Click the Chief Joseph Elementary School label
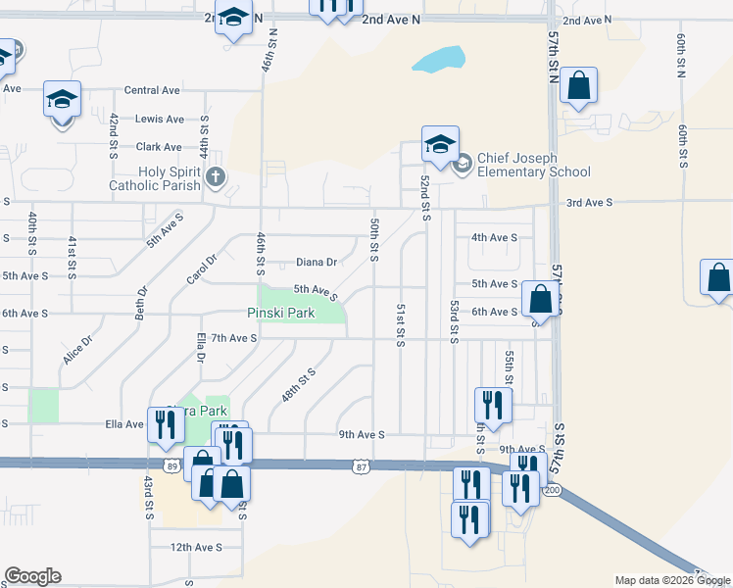pyautogui.click(x=533, y=165)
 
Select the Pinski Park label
pyautogui.click(x=280, y=313)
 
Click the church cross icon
pyautogui.click(x=216, y=177)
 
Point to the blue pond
pyautogui.click(x=437, y=61)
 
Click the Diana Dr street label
pyautogui.click(x=317, y=262)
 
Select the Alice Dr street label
pyautogui.click(x=77, y=350)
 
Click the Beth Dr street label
pyautogui.click(x=142, y=303)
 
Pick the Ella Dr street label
pyautogui.click(x=200, y=347)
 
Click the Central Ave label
pyautogui.click(x=152, y=90)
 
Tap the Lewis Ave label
pyautogui.click(x=160, y=120)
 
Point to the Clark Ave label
pyautogui.click(x=159, y=147)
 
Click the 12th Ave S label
pyautogui.click(x=196, y=547)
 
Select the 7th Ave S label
pyautogui.click(x=232, y=338)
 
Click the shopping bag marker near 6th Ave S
pyautogui.click(x=540, y=300)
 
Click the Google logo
pyautogui.click(x=32, y=576)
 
